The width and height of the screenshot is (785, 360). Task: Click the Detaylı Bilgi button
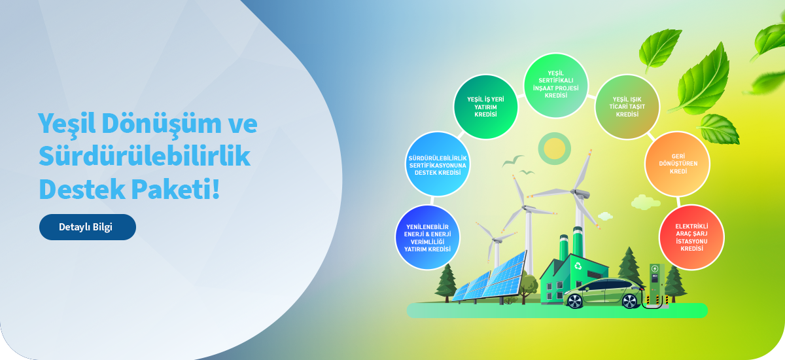tap(88, 227)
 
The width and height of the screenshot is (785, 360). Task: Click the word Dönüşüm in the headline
tap(162, 124)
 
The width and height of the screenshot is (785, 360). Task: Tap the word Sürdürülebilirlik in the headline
tap(145, 156)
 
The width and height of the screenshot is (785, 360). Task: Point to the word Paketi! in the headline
tap(175, 189)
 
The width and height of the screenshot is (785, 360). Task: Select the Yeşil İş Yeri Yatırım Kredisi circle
tap(485, 107)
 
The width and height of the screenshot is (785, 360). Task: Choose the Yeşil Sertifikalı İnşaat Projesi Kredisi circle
tap(556, 85)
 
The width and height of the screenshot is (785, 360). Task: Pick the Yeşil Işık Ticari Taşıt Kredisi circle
tap(627, 107)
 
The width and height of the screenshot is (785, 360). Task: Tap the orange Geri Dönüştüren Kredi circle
tap(678, 164)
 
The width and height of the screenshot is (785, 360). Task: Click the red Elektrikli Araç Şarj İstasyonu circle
tap(692, 238)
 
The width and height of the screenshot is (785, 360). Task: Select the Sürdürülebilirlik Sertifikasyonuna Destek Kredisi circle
tap(438, 164)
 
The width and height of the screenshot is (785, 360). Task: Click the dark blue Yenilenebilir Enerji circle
tap(428, 238)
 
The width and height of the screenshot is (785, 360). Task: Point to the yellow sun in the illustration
tap(555, 149)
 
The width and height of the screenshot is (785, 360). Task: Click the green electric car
tap(604, 293)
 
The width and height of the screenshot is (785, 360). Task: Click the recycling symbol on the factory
tap(578, 266)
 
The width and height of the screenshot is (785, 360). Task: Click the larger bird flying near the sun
tap(512, 160)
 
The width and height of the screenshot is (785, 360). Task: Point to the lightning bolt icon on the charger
tap(655, 269)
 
